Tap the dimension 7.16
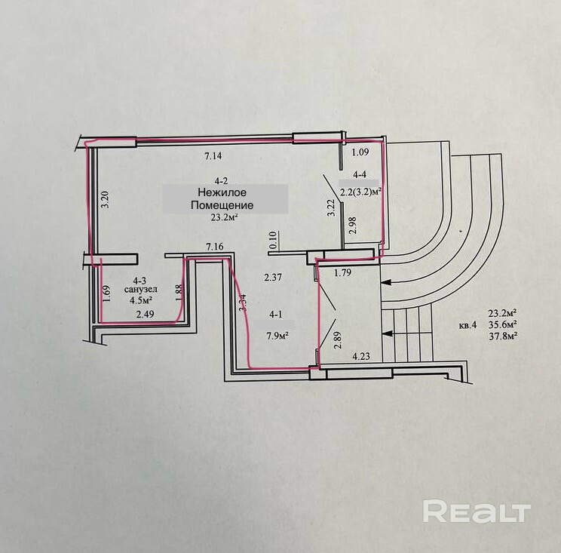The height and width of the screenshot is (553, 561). click(216, 246)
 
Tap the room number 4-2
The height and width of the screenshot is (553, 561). click(222, 180)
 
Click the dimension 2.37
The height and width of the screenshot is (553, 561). click(273, 278)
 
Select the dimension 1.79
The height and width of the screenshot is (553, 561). click(342, 273)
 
